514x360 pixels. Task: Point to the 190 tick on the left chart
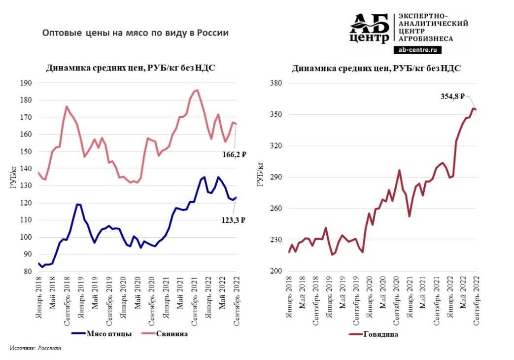click(x=26, y=83)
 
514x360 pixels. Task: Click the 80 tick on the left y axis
click(x=28, y=271)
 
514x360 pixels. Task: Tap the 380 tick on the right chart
click(x=274, y=83)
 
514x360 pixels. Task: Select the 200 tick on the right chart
click(x=274, y=271)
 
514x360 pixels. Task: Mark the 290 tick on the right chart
click(x=274, y=177)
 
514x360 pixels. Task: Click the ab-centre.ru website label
click(x=417, y=50)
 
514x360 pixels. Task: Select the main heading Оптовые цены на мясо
click(x=136, y=34)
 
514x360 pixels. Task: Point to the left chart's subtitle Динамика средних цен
click(x=131, y=69)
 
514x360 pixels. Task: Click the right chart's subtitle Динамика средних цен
click(x=376, y=69)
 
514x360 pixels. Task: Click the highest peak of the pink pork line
click(x=197, y=90)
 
